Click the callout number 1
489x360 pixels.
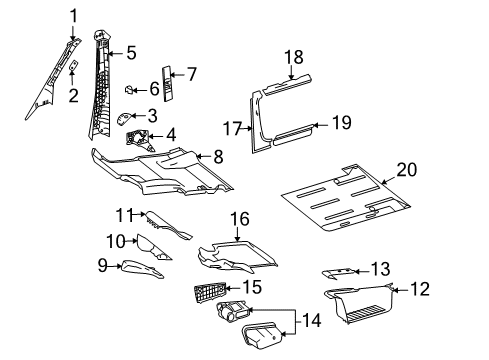point(72,14)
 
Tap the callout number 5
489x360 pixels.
point(130,53)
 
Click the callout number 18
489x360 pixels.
point(293,58)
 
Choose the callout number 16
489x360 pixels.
point(239,217)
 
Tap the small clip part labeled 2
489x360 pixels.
point(73,66)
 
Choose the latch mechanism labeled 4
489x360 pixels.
point(138,137)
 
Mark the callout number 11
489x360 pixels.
point(124,214)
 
